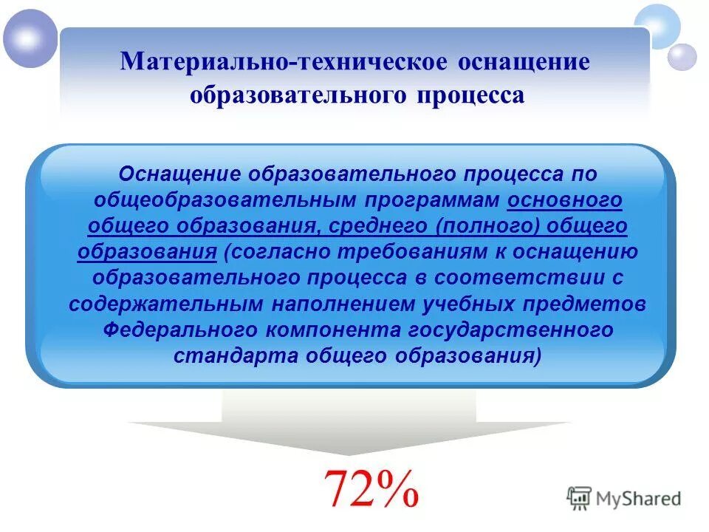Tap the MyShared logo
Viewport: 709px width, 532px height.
tap(624, 498)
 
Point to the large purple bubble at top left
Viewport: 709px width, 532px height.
tap(30, 38)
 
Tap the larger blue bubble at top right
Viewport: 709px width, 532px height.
tap(657, 24)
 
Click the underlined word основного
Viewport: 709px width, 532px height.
tap(564, 200)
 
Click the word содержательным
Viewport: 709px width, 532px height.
tap(173, 304)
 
